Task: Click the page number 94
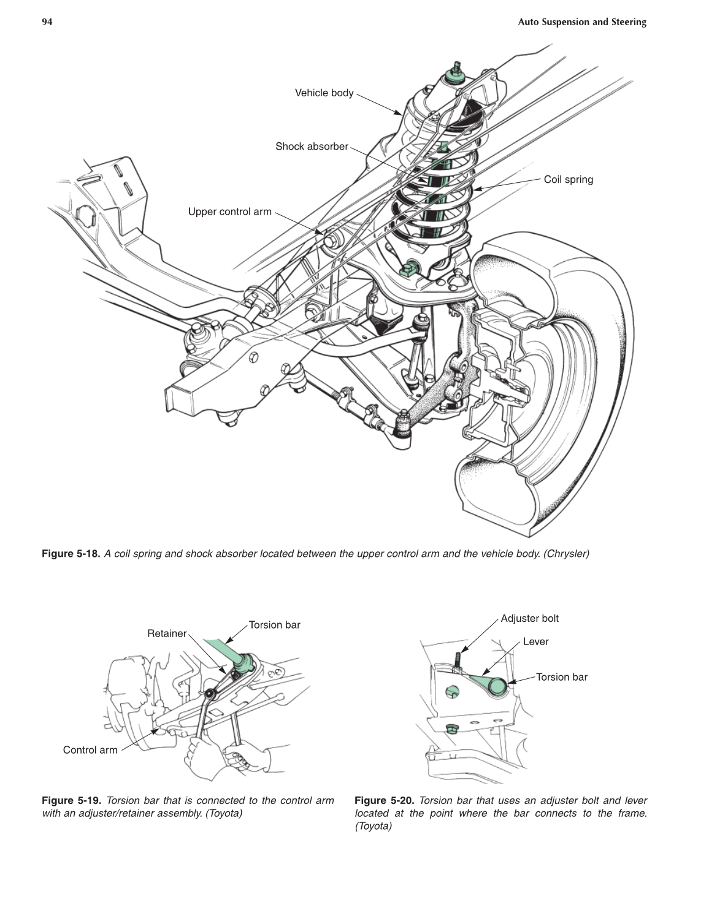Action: click(47, 22)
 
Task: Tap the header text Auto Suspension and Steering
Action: click(581, 22)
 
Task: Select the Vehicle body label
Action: click(324, 93)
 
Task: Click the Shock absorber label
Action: click(312, 147)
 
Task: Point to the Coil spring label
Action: click(568, 180)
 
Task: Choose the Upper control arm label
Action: click(229, 212)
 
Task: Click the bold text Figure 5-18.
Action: click(71, 554)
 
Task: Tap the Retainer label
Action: click(167, 633)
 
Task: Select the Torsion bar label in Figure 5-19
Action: click(274, 625)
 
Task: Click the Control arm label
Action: click(90, 750)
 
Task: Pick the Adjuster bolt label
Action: click(529, 618)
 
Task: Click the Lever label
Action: click(535, 641)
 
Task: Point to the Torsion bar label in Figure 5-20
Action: click(561, 677)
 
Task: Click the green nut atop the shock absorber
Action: click(456, 75)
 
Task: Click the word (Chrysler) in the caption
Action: click(566, 554)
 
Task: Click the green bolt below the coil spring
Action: click(408, 269)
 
